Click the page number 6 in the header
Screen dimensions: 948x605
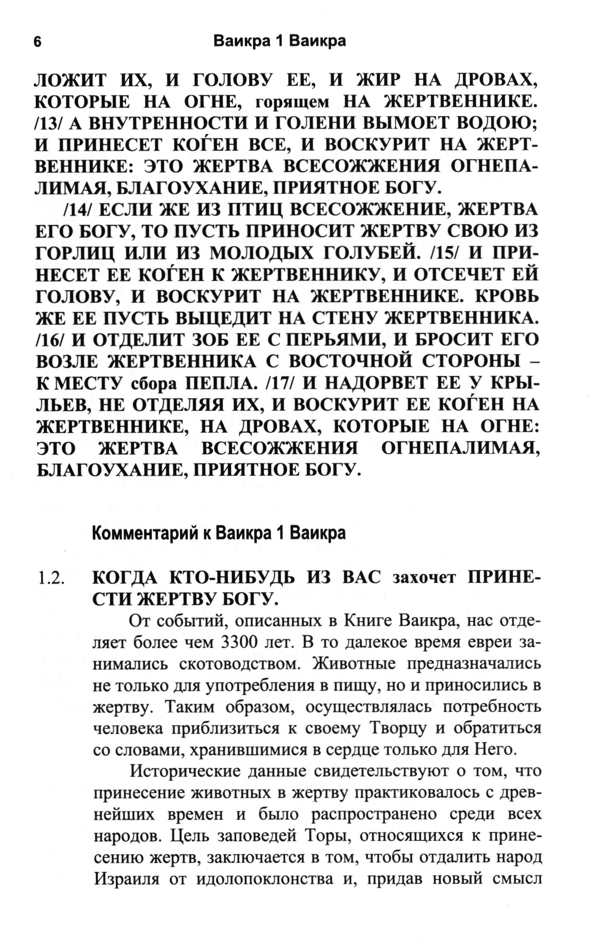point(38,42)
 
